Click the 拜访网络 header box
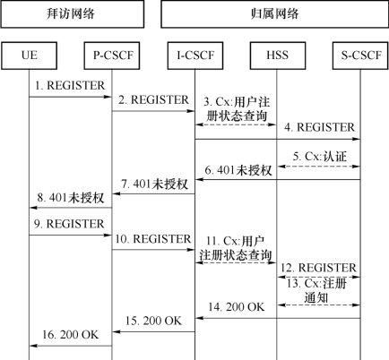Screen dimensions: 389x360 73,14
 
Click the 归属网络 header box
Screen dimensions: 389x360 275,14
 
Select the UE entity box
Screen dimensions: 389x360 30,56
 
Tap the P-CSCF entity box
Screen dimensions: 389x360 112,56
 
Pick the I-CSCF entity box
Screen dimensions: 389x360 195,56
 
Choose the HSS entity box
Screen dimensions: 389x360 278,56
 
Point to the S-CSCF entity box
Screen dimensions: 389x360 360,56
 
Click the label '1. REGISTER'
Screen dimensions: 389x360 70,86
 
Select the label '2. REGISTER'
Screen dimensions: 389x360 153,99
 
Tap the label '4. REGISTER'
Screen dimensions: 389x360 320,127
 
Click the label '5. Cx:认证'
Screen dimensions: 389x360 320,157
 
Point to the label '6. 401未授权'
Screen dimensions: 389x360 238,170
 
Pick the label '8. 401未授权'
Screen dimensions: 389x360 71,198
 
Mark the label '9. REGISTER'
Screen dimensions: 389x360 69,224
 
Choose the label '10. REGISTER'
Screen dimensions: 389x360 153,239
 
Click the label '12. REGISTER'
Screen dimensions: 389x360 318,268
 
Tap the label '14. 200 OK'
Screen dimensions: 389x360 237,307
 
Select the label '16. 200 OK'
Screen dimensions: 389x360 71,335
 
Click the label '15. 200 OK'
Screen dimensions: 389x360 153,321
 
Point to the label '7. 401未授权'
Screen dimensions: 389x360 155,184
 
